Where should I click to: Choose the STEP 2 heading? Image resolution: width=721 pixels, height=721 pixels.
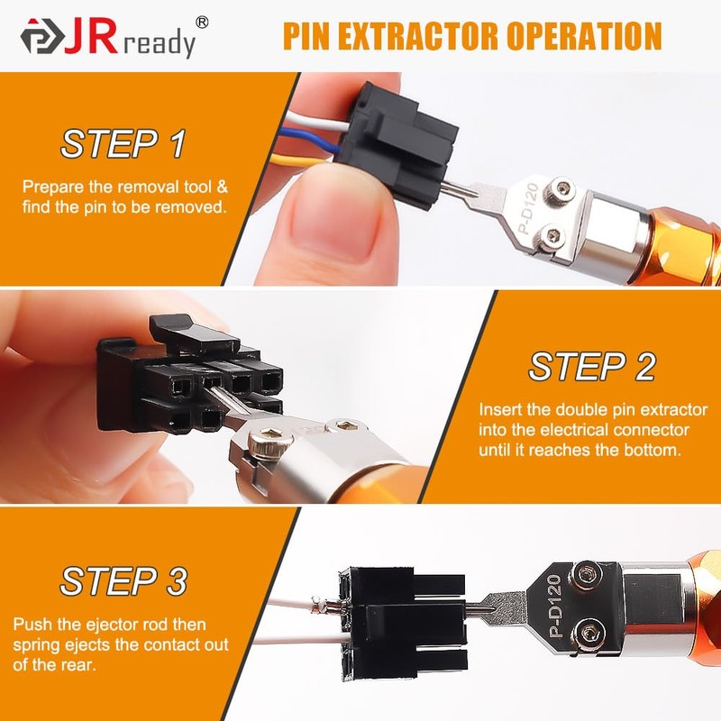point(592,367)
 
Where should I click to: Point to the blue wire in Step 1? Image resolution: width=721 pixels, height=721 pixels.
point(306,140)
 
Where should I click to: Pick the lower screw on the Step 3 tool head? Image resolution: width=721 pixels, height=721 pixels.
point(590,634)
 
